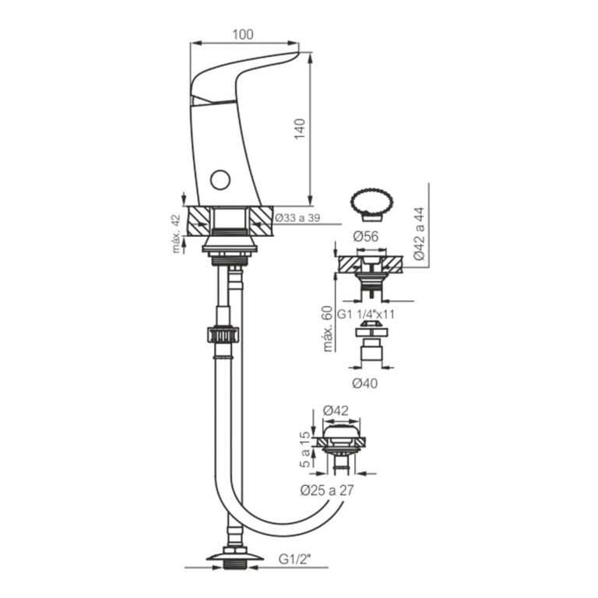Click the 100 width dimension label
(x=244, y=35)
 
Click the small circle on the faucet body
(x=220, y=181)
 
